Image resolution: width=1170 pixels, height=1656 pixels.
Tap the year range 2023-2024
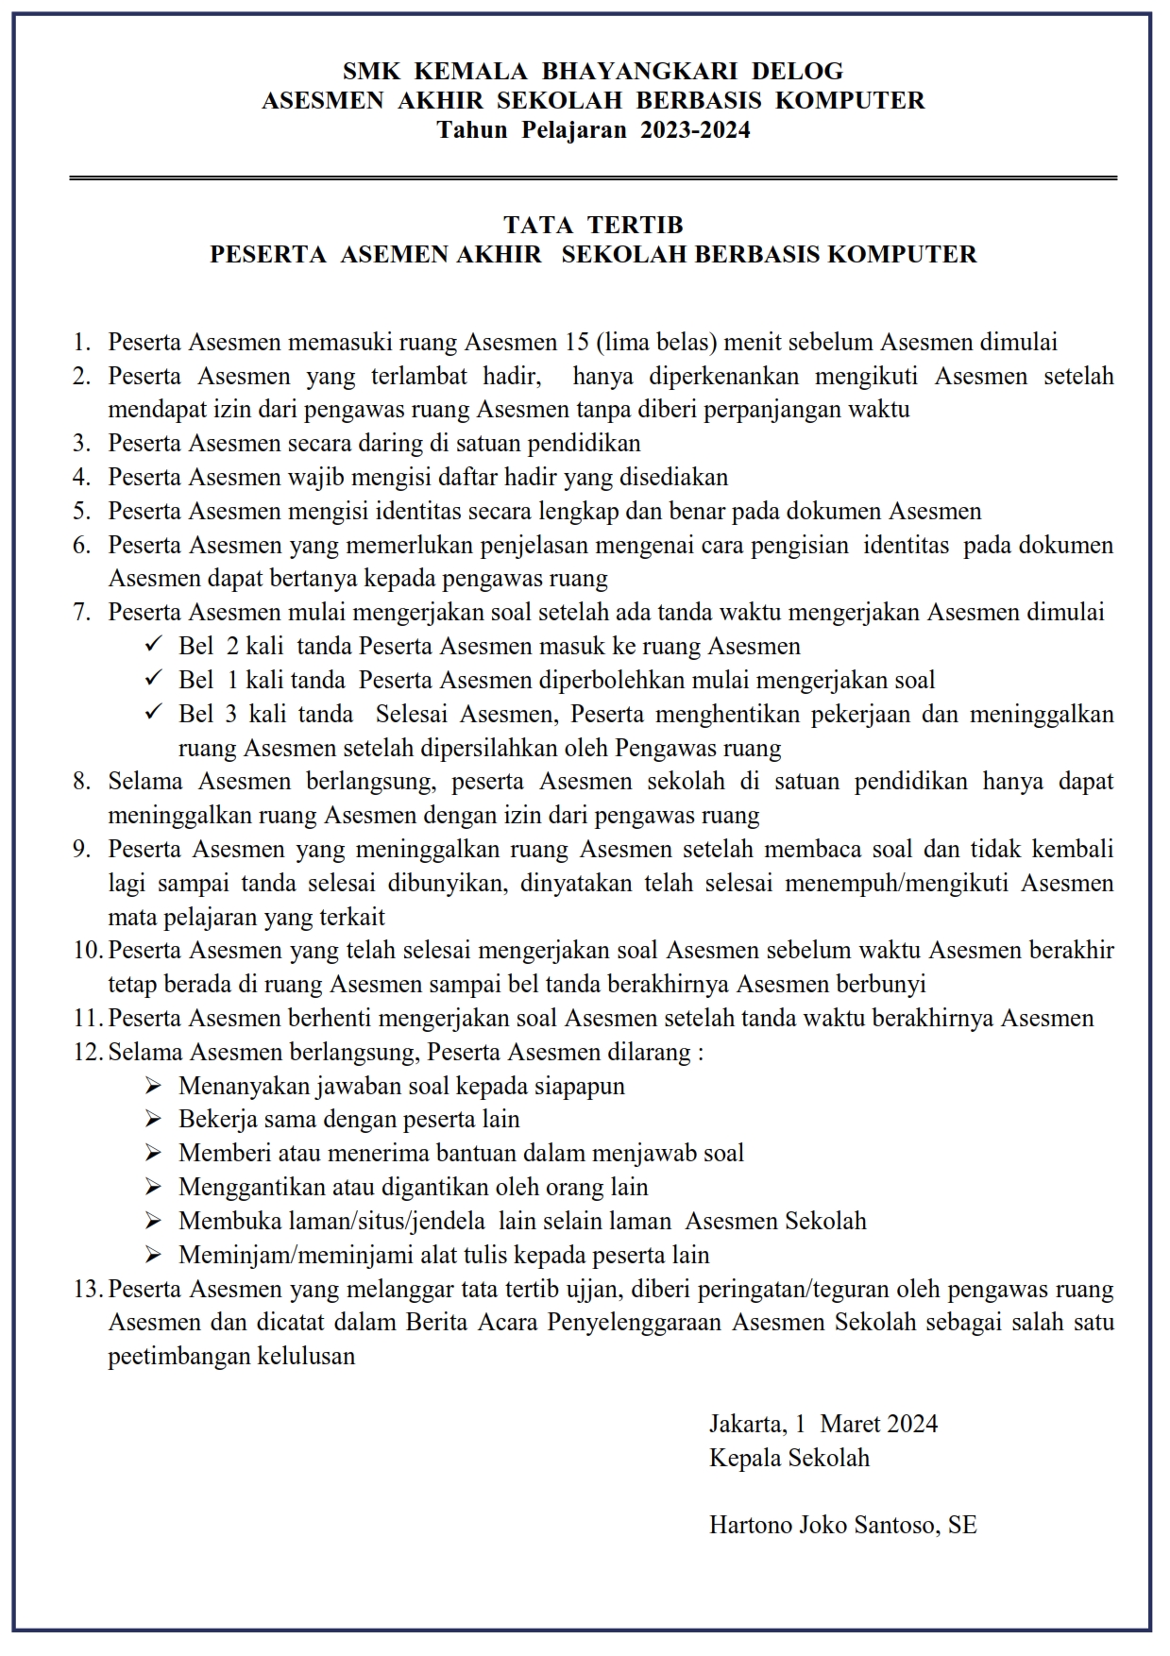[x=695, y=130]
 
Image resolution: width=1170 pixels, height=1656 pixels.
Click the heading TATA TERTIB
[x=593, y=225]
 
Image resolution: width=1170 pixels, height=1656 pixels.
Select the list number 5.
[x=81, y=511]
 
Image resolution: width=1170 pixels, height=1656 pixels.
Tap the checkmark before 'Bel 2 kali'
[x=153, y=645]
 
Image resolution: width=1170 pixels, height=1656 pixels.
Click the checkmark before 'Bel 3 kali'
[x=153, y=713]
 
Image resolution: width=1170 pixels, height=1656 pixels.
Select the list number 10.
[x=87, y=950]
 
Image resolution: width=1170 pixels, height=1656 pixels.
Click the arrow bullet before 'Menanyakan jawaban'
[x=153, y=1086]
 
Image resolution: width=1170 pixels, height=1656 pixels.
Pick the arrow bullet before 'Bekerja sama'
[x=153, y=1120]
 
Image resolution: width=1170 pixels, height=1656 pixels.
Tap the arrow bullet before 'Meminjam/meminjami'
[x=153, y=1255]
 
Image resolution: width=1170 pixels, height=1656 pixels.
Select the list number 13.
[x=87, y=1289]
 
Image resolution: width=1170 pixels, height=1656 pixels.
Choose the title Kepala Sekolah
[x=789, y=1458]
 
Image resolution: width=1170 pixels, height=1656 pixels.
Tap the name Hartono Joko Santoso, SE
[x=842, y=1525]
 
